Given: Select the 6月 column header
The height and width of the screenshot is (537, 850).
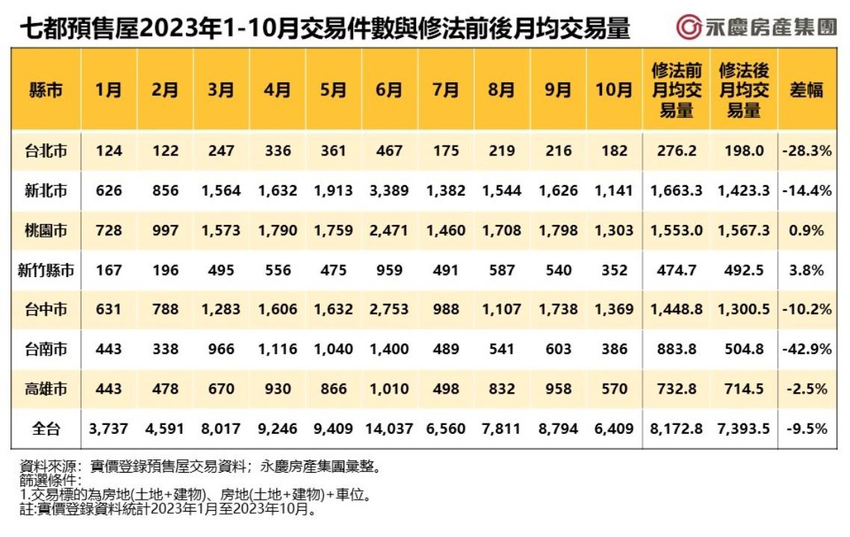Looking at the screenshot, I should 389,90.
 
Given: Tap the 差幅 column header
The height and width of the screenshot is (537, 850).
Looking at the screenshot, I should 806,90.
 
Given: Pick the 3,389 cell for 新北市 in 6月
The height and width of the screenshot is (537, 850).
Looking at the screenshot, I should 389,191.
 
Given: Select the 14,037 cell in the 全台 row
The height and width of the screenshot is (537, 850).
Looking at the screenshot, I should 389,429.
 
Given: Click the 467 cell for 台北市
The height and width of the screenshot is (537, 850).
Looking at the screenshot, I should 389,151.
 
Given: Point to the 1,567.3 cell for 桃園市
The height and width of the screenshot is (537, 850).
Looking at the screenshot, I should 743,231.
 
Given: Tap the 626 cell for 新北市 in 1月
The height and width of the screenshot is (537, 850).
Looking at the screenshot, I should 109,191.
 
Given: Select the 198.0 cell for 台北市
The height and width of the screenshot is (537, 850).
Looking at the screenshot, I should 743,151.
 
